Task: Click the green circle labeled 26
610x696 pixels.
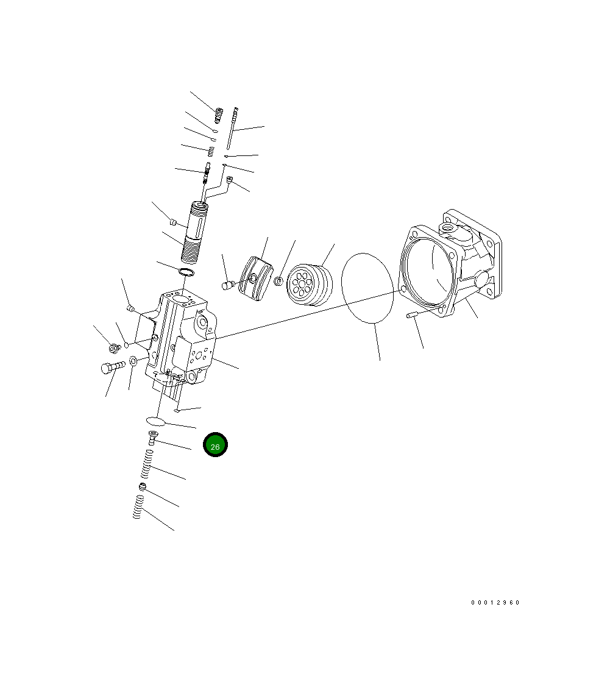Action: click(x=215, y=446)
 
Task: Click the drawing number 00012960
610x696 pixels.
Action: click(x=495, y=602)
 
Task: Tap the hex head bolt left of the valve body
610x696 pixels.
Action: click(x=112, y=367)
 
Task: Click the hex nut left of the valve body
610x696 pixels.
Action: click(x=113, y=348)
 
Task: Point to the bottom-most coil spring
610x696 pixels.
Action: click(x=138, y=507)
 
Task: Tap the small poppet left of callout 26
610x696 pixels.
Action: click(x=152, y=437)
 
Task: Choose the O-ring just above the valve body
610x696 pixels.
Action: click(x=187, y=271)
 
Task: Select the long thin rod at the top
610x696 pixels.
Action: click(x=232, y=128)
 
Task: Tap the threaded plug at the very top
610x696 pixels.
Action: click(x=218, y=113)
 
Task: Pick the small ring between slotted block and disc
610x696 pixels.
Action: click(x=277, y=281)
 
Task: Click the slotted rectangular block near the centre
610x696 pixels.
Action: click(x=256, y=278)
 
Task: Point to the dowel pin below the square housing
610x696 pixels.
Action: click(x=411, y=314)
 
